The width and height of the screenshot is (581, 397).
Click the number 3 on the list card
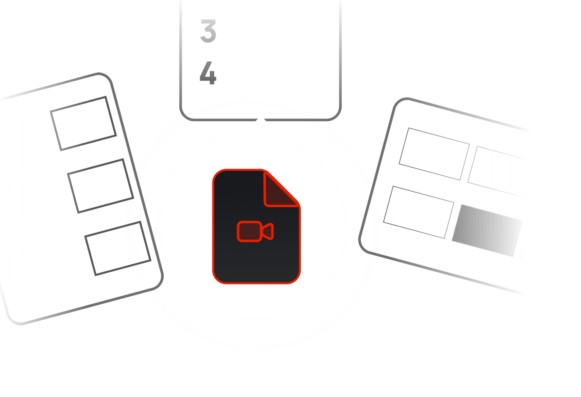tap(209, 31)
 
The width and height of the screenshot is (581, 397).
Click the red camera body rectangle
tap(249, 231)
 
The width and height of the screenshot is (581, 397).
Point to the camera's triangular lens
tap(268, 231)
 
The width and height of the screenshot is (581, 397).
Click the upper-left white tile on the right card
tap(434, 154)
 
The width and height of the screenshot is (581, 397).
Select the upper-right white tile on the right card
tap(499, 171)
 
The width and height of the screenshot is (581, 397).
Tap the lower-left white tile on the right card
tap(418, 212)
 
